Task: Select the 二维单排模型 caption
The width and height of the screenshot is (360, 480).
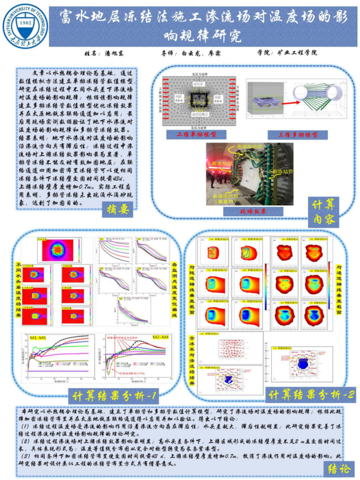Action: [x=192, y=134]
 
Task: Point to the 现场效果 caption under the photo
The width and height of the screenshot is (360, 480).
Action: [x=242, y=211]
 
